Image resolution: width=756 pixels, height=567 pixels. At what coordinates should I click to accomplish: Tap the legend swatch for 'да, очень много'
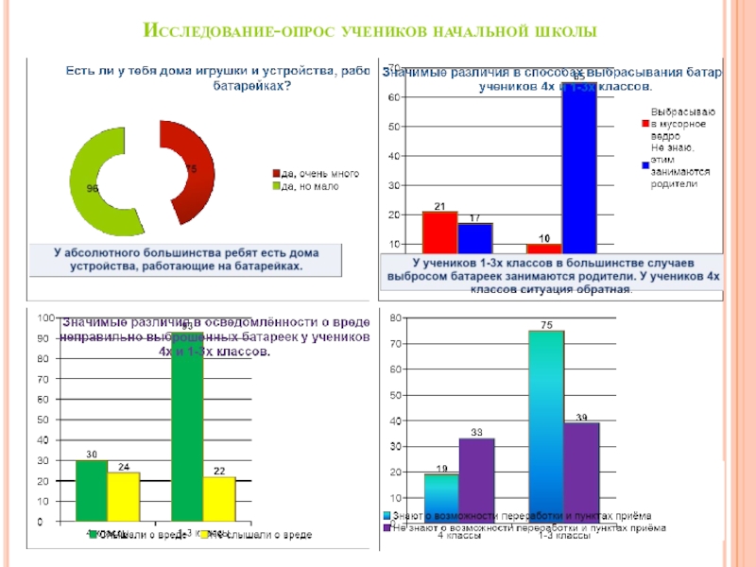click(277, 173)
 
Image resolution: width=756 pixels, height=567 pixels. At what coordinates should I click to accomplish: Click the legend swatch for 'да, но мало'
click(277, 186)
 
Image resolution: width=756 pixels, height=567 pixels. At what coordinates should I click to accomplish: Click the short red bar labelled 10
click(543, 249)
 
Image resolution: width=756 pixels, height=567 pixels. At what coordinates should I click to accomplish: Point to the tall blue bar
click(579, 170)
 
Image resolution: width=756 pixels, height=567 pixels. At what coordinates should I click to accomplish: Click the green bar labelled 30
click(92, 490)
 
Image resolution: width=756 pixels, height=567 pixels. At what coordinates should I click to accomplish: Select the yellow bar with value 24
click(123, 496)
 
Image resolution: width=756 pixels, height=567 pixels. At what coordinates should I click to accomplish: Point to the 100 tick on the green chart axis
click(44, 318)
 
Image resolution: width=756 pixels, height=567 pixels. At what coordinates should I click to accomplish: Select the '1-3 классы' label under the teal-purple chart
click(564, 536)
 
